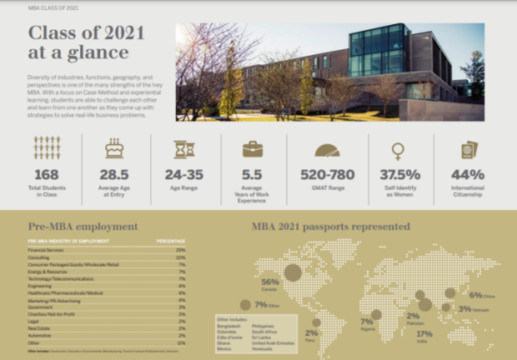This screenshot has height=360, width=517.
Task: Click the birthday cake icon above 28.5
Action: (x=114, y=149)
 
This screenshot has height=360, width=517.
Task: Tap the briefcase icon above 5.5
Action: (x=253, y=149)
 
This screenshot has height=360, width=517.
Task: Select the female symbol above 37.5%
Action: (x=399, y=150)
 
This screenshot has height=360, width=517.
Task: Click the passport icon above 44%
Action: (x=469, y=149)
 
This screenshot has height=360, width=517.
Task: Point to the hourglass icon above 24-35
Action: (x=184, y=149)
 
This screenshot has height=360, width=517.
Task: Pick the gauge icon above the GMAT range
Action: (x=328, y=150)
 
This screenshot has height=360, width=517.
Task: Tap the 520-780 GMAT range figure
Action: (x=328, y=176)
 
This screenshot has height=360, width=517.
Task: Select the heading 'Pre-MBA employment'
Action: (x=72, y=226)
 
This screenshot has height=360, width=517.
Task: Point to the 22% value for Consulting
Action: (x=180, y=257)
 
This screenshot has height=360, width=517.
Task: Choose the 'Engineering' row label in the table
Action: (x=40, y=285)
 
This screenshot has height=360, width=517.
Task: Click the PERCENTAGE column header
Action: (x=171, y=241)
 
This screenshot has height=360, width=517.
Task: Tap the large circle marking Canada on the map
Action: (x=293, y=272)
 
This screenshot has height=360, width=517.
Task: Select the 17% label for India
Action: (x=424, y=332)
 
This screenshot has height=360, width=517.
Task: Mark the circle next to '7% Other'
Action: (x=245, y=305)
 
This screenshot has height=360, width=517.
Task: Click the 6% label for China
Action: (x=476, y=294)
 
